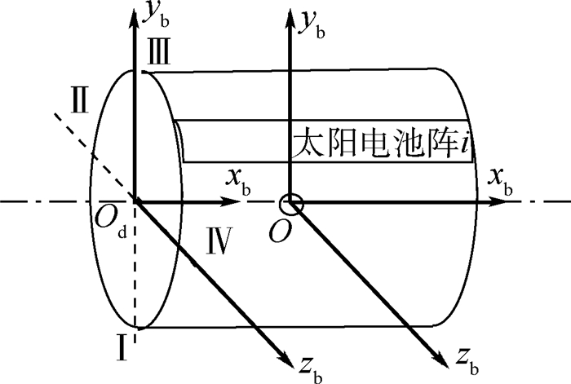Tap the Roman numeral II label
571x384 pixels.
[x=80, y=101]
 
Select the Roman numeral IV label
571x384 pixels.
[x=219, y=241]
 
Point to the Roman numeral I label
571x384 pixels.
[x=122, y=348]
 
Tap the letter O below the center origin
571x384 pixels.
[x=280, y=232]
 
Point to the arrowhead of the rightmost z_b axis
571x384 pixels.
[x=442, y=360]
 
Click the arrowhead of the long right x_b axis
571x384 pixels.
[x=496, y=201]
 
